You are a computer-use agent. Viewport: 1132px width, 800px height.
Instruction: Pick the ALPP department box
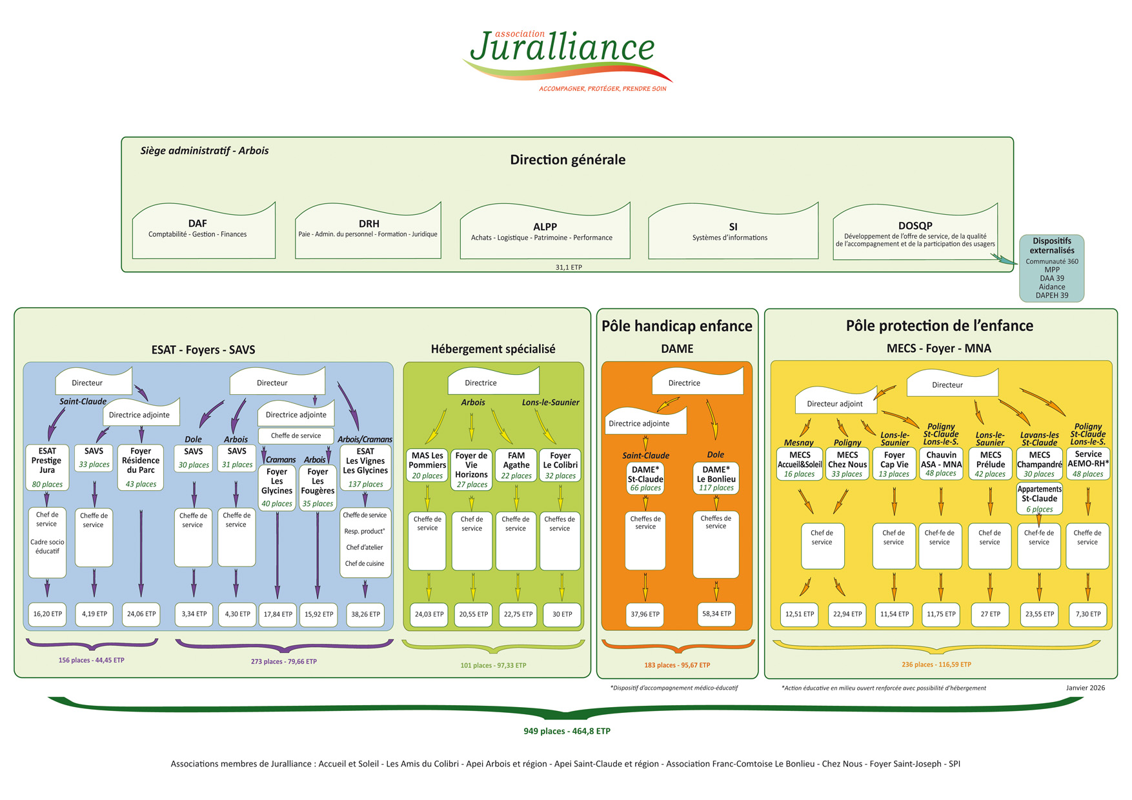coord(545,233)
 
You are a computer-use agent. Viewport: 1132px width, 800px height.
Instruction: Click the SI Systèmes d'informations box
coord(733,233)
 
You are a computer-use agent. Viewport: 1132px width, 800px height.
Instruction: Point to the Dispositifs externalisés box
coord(1051,268)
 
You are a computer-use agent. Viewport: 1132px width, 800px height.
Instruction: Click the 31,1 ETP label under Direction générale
coord(569,267)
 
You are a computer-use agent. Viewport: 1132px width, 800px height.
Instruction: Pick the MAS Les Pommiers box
coord(427,465)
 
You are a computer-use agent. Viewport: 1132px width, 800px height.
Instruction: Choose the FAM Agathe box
coord(516,465)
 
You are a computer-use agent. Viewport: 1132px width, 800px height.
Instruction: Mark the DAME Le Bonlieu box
coord(716,478)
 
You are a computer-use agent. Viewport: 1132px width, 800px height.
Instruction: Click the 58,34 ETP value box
coord(716,614)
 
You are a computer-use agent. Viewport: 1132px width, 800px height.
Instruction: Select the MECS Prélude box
coord(990,464)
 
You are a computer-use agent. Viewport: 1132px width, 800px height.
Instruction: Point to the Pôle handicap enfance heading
coord(677,326)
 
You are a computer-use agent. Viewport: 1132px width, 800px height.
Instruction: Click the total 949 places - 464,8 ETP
coord(567,731)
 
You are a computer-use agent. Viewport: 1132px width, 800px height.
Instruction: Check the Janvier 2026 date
coord(1085,688)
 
